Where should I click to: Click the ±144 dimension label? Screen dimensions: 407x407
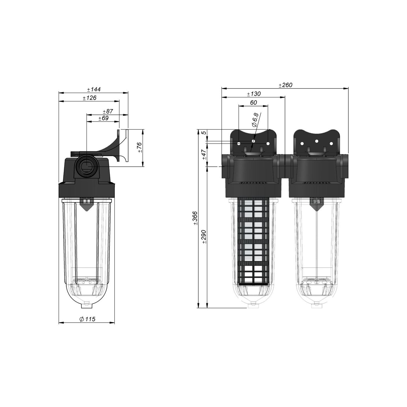[x=94, y=90]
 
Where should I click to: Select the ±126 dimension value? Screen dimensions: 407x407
[x=90, y=98]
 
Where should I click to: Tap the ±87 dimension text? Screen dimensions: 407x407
[x=108, y=111]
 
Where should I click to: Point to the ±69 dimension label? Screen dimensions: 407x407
[x=103, y=118]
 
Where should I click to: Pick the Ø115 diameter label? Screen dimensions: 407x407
[x=87, y=319]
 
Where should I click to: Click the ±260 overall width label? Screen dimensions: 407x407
[x=285, y=85]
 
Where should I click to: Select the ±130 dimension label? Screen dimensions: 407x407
[x=254, y=94]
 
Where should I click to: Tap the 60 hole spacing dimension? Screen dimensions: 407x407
[x=253, y=103]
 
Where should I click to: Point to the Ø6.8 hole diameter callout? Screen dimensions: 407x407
[x=255, y=120]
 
